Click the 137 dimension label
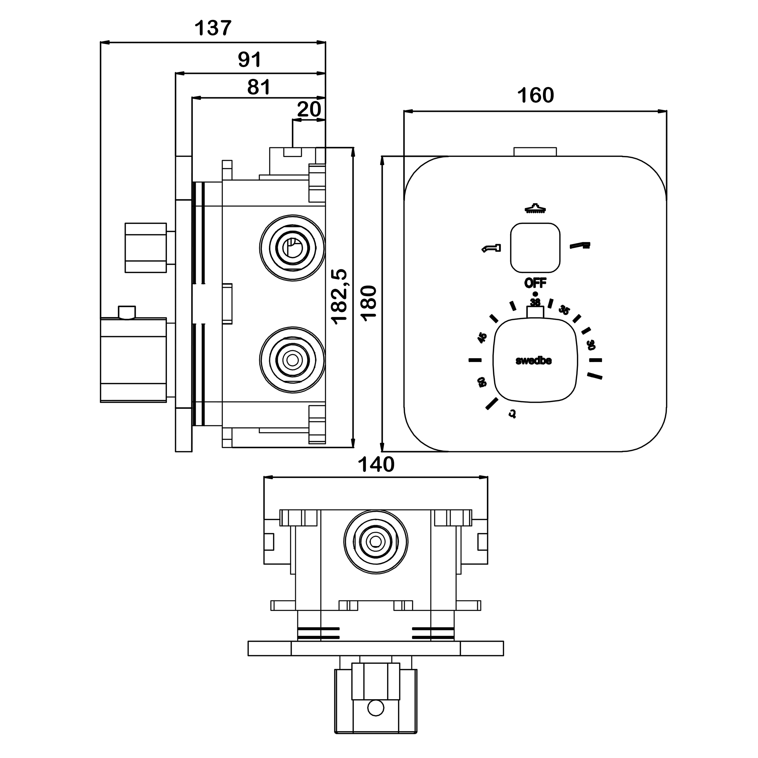click(x=213, y=28)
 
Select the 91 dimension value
click(x=250, y=60)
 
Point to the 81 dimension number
click(x=259, y=87)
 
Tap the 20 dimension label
click(x=309, y=109)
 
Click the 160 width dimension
click(x=535, y=95)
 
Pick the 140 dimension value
click(x=376, y=465)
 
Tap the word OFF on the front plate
click(x=535, y=282)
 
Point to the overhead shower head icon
click(x=535, y=209)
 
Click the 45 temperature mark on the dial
click(x=482, y=338)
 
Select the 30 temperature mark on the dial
click(x=590, y=345)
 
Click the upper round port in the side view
click(x=292, y=247)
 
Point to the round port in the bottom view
click(x=375, y=541)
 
